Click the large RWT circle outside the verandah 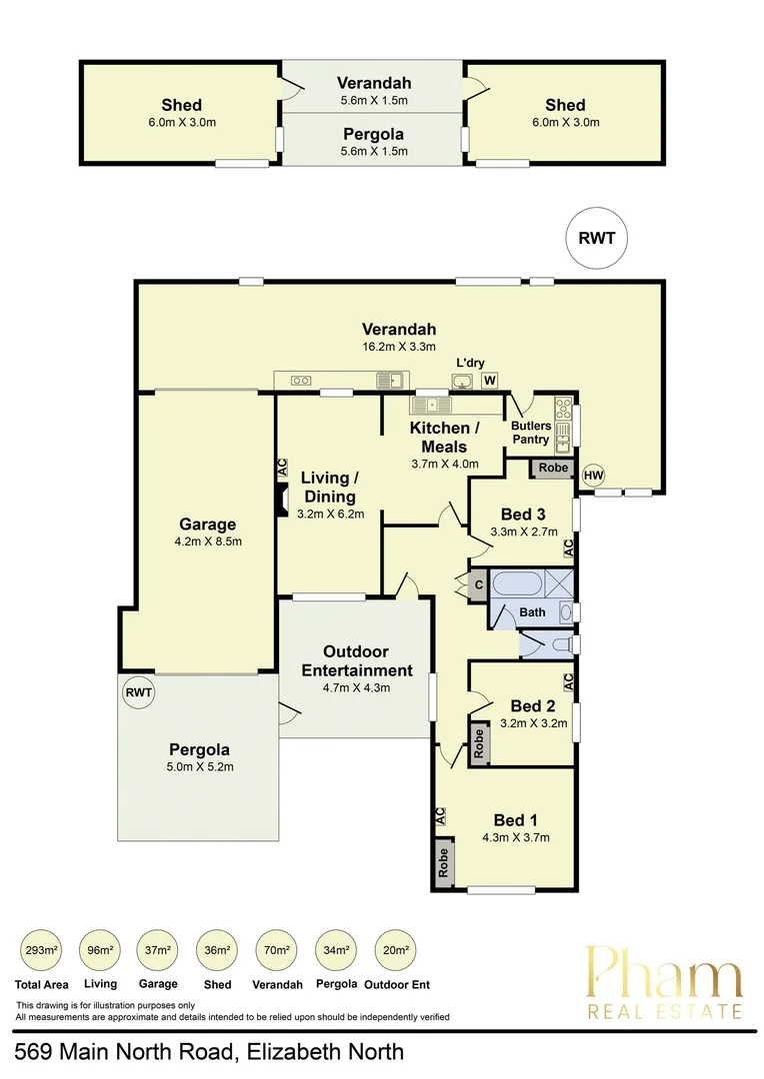[596, 239]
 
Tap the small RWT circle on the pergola [138, 691]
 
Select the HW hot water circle [594, 475]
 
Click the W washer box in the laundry [490, 380]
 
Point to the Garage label [207, 525]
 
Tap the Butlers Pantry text [531, 433]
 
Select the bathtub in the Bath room [517, 583]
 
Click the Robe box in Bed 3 [554, 468]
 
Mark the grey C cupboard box [478, 584]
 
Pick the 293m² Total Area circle [43, 950]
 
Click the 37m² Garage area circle [160, 950]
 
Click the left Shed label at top [182, 105]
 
